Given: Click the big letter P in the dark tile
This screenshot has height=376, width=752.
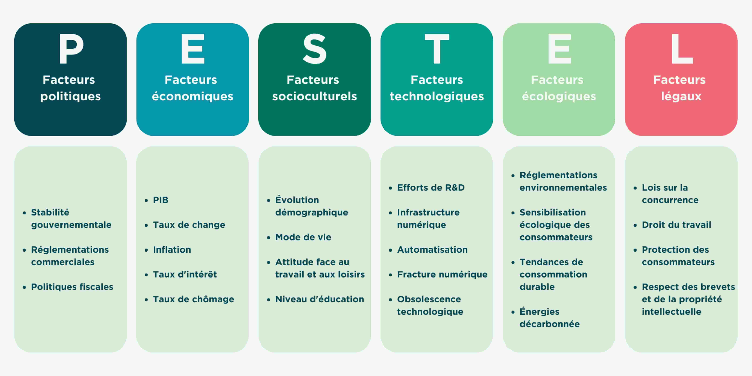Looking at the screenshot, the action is click(71, 48).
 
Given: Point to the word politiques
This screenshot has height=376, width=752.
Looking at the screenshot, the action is click(71, 96).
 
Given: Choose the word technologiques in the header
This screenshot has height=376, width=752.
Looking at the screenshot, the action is click(437, 96).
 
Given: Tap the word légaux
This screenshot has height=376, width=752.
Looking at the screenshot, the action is click(681, 96).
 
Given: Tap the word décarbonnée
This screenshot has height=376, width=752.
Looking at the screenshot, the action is click(550, 324).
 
